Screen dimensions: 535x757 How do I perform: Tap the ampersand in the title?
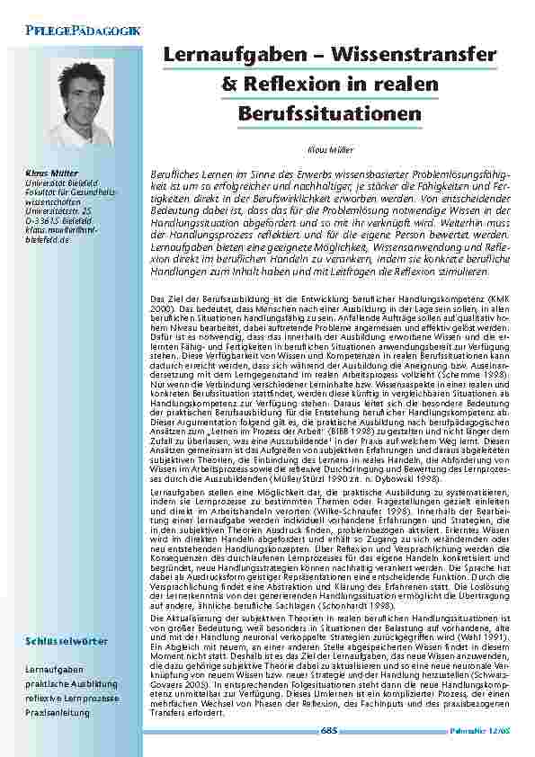click(x=228, y=85)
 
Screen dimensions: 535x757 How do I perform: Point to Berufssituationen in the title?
click(x=330, y=113)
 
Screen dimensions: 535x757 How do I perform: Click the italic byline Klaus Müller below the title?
click(x=329, y=150)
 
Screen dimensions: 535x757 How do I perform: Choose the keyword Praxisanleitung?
click(x=58, y=713)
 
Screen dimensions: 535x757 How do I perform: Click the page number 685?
click(x=329, y=732)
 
